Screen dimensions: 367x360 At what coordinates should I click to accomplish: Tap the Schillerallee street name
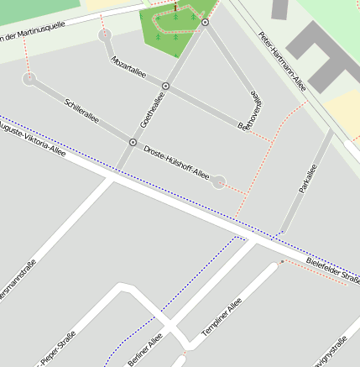tap(81, 110)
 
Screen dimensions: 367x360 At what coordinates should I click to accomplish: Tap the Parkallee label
tap(307, 178)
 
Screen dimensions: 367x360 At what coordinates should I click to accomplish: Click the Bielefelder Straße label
tap(333, 270)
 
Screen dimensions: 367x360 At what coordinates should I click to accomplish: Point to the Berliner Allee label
tap(144, 349)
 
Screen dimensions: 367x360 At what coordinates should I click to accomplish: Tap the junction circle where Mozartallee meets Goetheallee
tap(165, 86)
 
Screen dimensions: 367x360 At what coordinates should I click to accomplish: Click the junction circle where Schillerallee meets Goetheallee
tap(133, 142)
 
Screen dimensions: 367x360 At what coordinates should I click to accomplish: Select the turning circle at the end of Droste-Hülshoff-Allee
tap(219, 181)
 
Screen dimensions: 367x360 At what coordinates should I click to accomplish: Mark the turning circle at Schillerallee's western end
tap(30, 80)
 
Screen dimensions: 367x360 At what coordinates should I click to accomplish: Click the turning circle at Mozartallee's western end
tap(104, 35)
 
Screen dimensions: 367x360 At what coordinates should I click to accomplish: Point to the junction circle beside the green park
tap(206, 23)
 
